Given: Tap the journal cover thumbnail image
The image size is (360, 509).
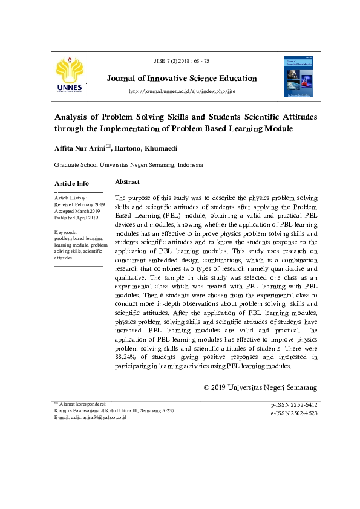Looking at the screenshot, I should coord(299,77).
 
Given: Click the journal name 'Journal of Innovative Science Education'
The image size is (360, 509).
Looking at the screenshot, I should coord(182,79).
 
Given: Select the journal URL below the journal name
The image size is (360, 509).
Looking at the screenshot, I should coord(182,91).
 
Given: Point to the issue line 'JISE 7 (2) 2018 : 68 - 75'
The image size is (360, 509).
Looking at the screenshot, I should coord(182,62).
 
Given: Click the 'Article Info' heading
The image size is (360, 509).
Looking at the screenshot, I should coord(71,183).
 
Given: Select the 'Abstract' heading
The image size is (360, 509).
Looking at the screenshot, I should coord(127,181).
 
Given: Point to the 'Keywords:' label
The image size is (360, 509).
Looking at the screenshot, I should coord(65,232).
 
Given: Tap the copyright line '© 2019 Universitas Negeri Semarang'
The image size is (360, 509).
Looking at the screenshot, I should coord(261,387).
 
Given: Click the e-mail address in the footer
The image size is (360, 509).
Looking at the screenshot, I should coord(99,417).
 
